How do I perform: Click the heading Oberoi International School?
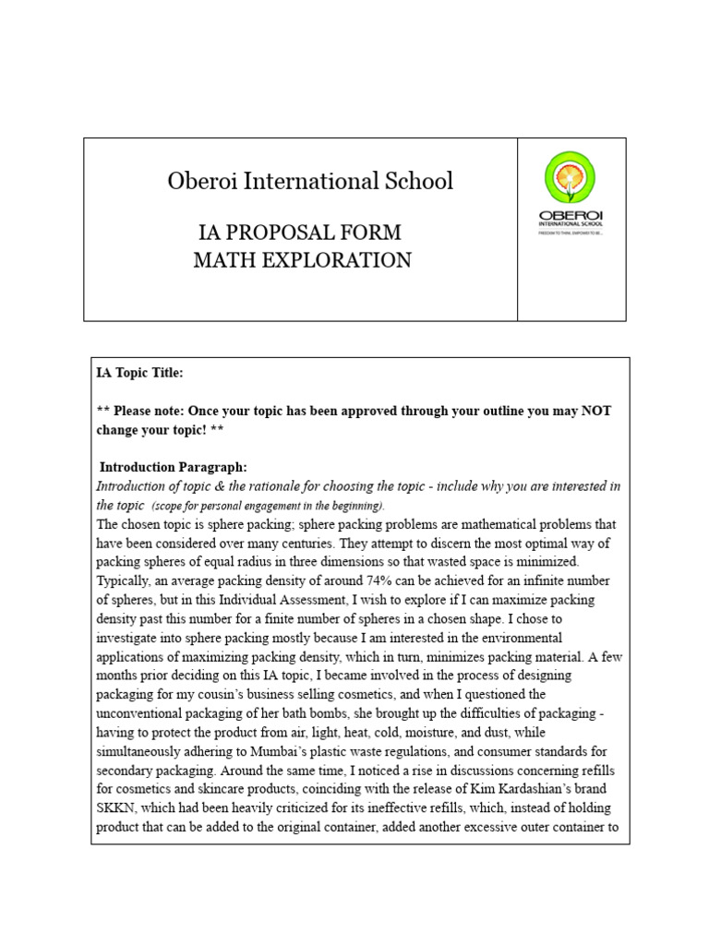click(310, 182)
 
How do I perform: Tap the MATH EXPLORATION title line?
click(302, 261)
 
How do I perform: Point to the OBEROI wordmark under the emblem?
click(570, 216)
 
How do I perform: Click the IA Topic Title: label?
click(140, 373)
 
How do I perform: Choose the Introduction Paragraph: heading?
click(173, 467)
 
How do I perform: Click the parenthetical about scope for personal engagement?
click(269, 507)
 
